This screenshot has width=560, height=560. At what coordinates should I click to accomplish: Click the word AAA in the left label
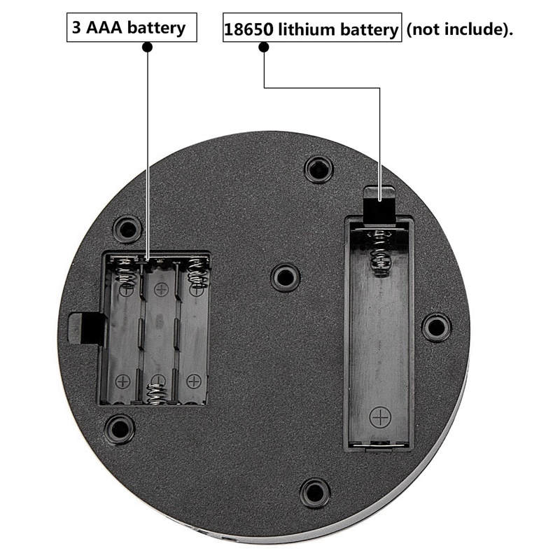coord(104,27)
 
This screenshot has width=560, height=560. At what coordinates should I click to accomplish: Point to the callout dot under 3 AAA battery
coord(147,47)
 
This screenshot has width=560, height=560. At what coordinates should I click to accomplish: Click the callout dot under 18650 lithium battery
coord(264,47)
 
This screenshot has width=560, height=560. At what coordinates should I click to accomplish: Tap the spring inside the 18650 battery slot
coord(379,253)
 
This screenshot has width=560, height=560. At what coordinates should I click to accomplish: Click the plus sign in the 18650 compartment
coord(380,416)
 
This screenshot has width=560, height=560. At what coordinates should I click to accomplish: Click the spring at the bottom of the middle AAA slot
coord(157,393)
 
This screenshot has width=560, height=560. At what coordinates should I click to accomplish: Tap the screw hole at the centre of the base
coord(285,277)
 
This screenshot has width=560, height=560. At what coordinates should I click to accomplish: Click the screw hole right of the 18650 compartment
coord(435,327)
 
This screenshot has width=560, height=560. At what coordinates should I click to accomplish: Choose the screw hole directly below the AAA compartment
coord(120,428)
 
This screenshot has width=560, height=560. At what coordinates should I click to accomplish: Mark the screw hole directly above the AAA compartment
coord(127,229)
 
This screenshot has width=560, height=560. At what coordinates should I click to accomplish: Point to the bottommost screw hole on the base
coord(314,492)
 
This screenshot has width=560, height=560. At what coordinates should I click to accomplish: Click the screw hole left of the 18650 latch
coord(318,169)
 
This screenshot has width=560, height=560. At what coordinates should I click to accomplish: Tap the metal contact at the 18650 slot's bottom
coord(379,444)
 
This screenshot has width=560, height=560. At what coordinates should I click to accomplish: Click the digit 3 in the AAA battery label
coord(77,27)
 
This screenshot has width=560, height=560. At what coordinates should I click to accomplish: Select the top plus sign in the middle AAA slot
coord(161,290)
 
